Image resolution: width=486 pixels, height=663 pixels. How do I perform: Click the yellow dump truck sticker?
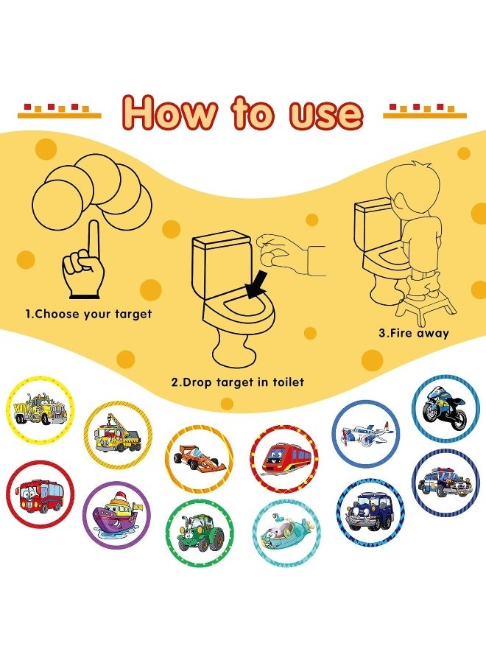click(x=40, y=410)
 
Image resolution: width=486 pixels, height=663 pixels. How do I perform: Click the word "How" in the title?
click(x=169, y=113)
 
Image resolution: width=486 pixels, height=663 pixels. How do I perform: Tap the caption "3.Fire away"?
click(x=414, y=332)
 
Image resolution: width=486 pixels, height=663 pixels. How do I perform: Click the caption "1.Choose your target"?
click(x=89, y=314)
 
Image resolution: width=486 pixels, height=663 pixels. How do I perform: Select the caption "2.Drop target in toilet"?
click(x=238, y=382)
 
